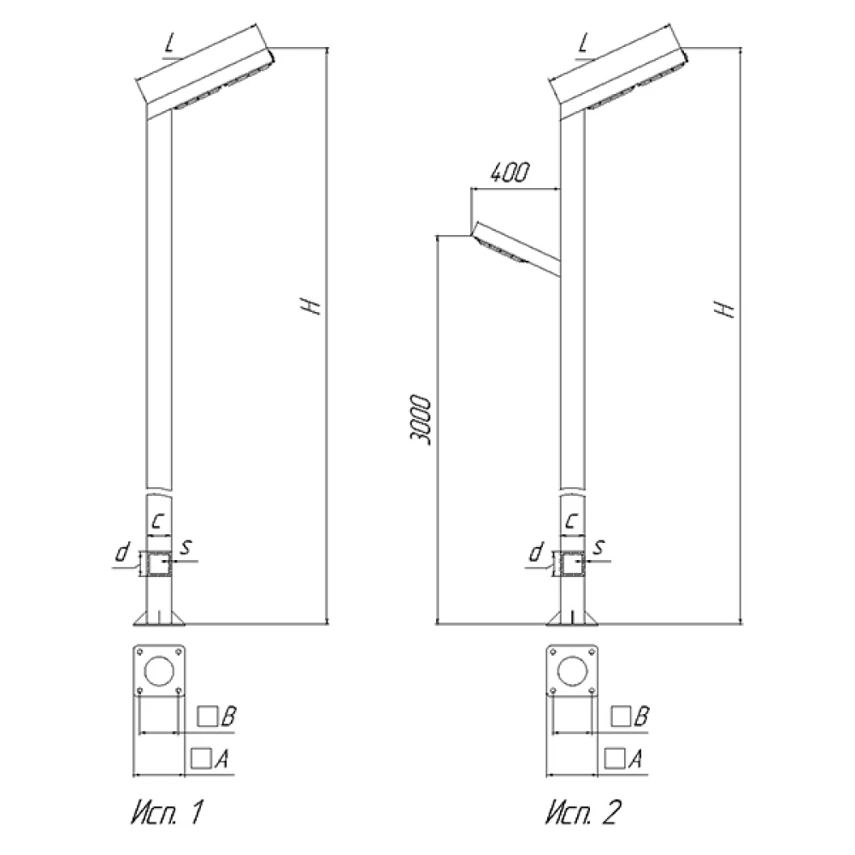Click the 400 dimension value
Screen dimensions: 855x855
pos(510,173)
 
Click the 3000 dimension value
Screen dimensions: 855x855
pos(421,419)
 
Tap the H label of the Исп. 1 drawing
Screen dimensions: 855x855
pos(310,306)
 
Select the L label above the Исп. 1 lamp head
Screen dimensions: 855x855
pos(171,43)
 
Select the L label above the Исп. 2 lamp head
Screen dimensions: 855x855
pos(584,43)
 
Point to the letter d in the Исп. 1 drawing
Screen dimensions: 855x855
pos(122,551)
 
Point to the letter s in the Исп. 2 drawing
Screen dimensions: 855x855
pos(600,547)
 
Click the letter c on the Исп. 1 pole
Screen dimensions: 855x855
pos(158,521)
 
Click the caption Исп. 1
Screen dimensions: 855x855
pos(168,812)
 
